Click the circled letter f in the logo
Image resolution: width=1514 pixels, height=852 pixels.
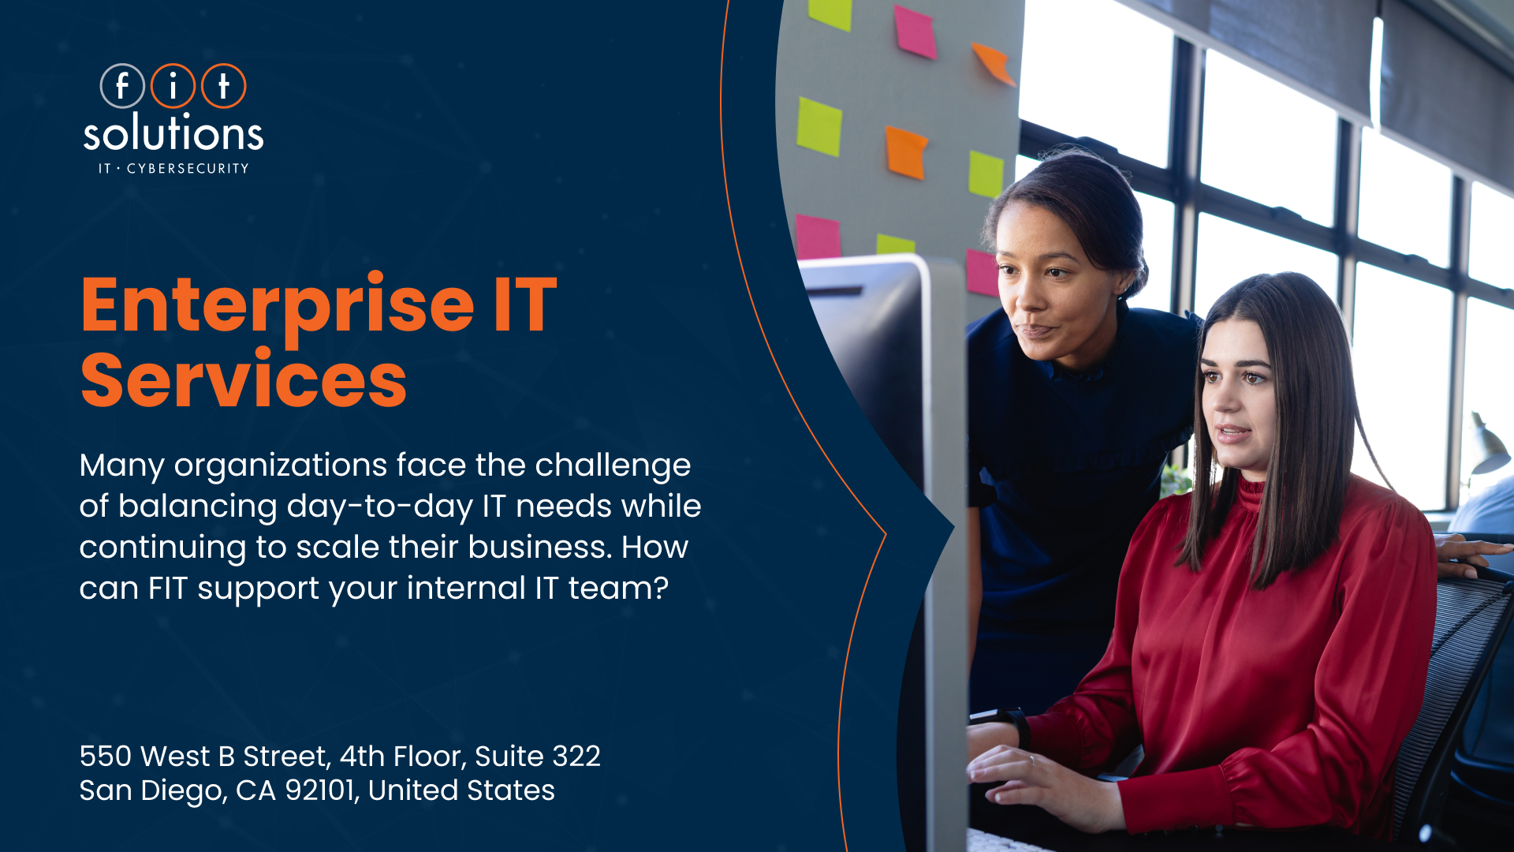pos(122,86)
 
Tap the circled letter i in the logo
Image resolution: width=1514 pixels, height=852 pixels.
pos(173,86)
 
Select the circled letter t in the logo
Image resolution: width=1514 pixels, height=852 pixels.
pos(224,86)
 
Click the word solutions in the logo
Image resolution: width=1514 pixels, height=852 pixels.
pos(173,132)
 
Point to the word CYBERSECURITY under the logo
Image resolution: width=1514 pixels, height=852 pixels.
pos(188,168)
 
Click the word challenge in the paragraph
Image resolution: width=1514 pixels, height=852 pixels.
pos(613,467)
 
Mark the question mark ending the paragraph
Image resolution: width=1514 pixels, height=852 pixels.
pos(661,588)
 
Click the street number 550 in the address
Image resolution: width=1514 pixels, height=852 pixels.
pos(105,756)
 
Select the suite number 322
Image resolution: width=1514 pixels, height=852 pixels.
pos(576,756)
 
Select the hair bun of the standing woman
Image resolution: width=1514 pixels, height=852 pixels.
pos(1128,260)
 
